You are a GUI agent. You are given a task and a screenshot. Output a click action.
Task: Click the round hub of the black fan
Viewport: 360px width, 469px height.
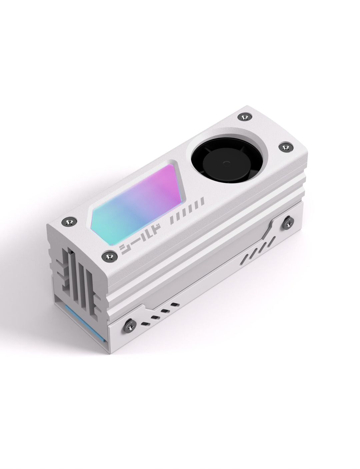click(226, 163)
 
